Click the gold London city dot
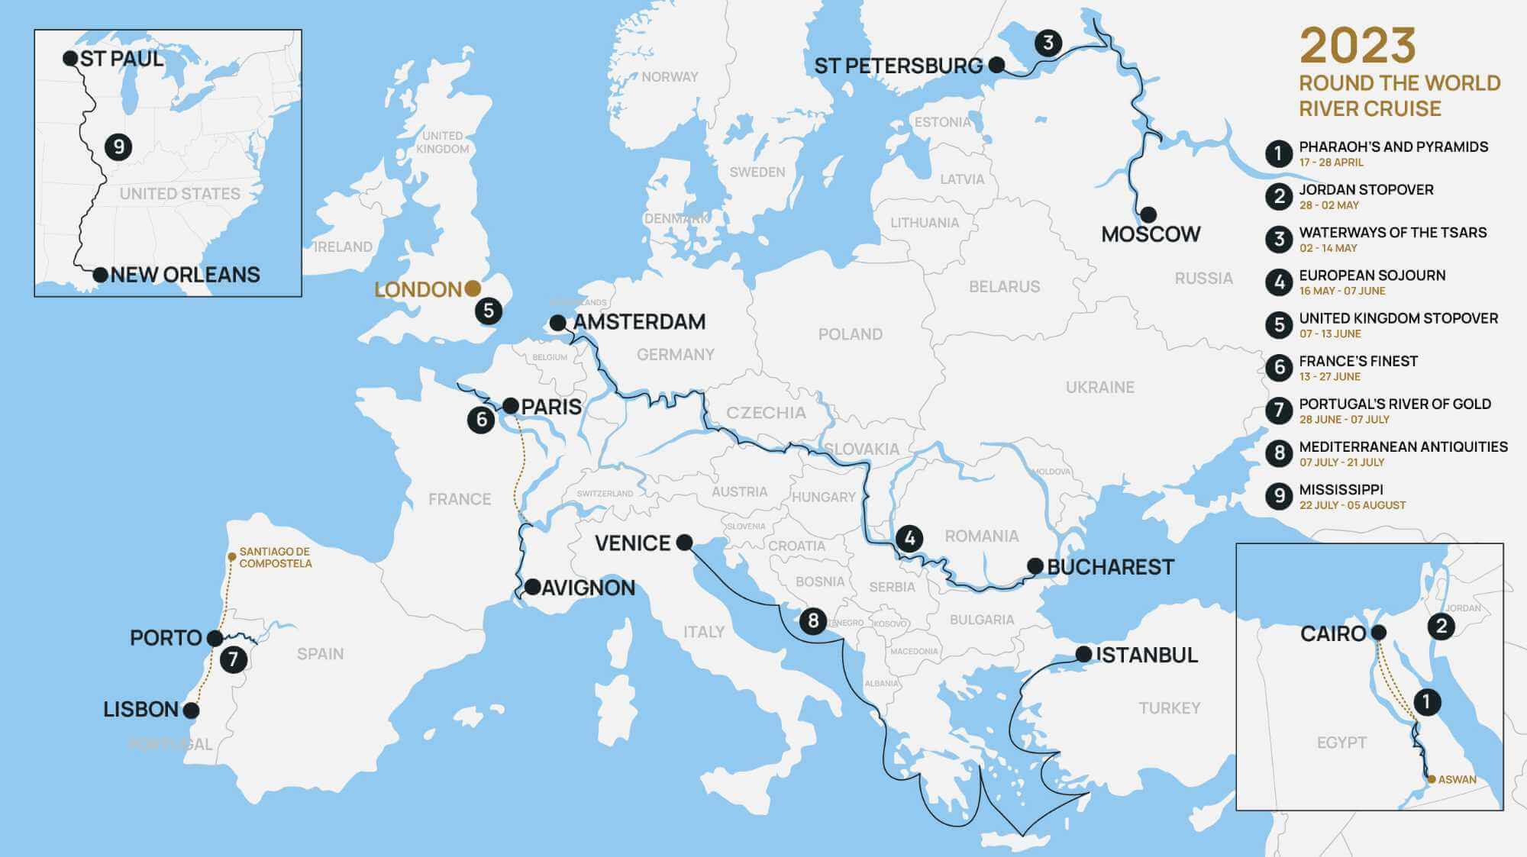[x=473, y=288]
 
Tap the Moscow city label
[x=1151, y=234]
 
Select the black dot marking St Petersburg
[x=996, y=65]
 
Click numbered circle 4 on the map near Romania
[x=909, y=538]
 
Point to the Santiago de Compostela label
[x=275, y=557]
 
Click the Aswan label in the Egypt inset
[x=1457, y=779]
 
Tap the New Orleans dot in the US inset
[x=100, y=275]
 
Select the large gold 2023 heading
[x=1358, y=46]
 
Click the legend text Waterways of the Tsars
[x=1393, y=232]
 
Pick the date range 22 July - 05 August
[x=1352, y=505]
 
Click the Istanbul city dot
[x=1083, y=654]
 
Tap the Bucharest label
[x=1109, y=567]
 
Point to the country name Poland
[x=850, y=334]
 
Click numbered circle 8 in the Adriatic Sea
[x=812, y=620]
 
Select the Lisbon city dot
[x=191, y=710]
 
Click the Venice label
[x=632, y=543]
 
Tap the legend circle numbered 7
[x=1279, y=410]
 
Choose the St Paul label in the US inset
[x=121, y=59]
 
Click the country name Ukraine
[x=1099, y=387]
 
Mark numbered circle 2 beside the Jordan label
[x=1441, y=627]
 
